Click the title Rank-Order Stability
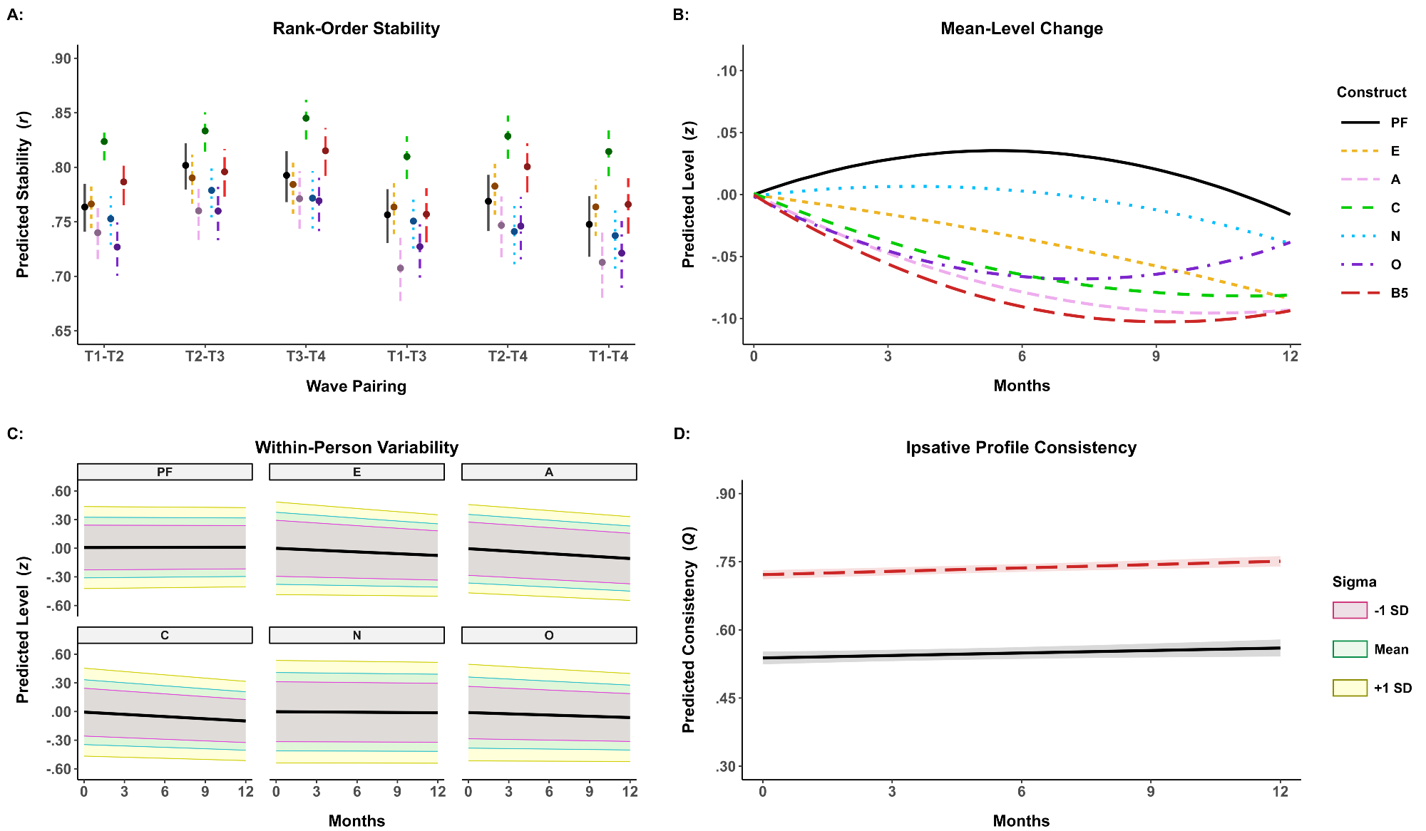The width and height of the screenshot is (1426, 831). (356, 29)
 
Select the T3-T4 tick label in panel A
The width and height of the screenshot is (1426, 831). (306, 356)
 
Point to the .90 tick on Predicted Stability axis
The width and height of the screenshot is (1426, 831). (61, 58)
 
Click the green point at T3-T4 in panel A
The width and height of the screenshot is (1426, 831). (306, 118)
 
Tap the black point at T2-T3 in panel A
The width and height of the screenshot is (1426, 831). (185, 165)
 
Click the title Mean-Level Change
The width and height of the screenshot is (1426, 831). (1021, 29)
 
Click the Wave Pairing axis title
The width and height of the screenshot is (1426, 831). (356, 386)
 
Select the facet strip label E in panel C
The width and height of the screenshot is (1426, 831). (356, 472)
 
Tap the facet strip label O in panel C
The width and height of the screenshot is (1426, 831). (549, 635)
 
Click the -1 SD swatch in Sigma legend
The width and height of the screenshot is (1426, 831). (1350, 610)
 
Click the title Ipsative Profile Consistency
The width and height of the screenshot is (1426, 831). (1021, 448)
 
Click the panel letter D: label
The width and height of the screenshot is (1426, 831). (682, 433)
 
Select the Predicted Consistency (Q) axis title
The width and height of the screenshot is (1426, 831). (688, 629)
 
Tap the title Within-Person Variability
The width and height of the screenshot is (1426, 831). (356, 448)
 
